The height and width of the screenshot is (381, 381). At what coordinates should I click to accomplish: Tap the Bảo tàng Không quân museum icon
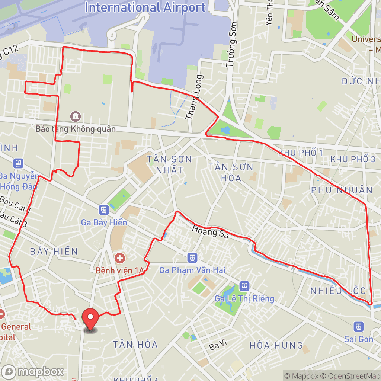click(x=76, y=116)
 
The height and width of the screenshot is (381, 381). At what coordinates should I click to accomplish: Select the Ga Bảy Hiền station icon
click(x=104, y=210)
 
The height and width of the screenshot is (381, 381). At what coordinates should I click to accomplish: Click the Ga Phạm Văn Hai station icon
click(x=192, y=257)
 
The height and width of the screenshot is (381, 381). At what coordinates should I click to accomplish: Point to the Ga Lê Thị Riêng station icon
click(x=244, y=286)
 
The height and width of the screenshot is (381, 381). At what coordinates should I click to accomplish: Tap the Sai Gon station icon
click(x=358, y=326)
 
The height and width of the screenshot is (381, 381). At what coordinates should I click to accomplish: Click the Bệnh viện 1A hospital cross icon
click(x=120, y=257)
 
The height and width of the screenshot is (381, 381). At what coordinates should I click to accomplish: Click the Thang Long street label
click(x=194, y=97)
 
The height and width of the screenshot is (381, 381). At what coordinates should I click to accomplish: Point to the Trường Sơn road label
click(x=231, y=49)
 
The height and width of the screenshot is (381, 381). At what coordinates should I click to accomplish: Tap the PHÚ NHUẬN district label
click(x=342, y=190)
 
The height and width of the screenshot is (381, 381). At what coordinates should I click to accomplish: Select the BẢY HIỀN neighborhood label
click(x=54, y=251)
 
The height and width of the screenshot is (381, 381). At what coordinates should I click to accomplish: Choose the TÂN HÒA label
click(x=135, y=344)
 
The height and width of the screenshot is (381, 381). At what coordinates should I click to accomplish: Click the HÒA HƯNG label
click(x=276, y=345)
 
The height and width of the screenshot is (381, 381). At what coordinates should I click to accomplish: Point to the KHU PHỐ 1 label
click(x=300, y=153)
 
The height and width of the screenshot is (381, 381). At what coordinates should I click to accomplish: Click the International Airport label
click(x=145, y=7)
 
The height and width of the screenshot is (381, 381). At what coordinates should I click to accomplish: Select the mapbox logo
click(x=32, y=371)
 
